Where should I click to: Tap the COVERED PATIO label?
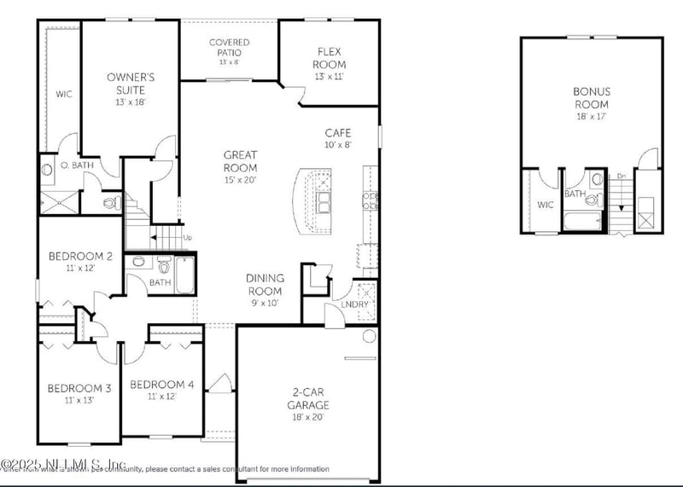coord(230,47)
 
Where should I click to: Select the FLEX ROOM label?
coord(329,58)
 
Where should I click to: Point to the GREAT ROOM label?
coord(240,161)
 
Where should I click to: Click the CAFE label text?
coord(338,133)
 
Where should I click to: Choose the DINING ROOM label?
coord(265,284)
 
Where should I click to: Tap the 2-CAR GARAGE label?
coord(308,399)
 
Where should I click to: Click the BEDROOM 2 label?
coord(80,256)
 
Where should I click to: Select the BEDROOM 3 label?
coord(79,389)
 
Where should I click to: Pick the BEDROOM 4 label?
coord(162,385)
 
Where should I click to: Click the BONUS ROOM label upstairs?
coord(592,96)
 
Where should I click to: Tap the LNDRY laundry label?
coord(354,304)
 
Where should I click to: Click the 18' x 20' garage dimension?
coord(308,417)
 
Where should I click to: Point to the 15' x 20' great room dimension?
coord(240,180)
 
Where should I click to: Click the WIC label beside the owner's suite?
coord(62,94)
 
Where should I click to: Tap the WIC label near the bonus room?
coord(545,205)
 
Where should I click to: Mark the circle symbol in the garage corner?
coord(369,336)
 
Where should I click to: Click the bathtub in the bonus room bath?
coord(582,221)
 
